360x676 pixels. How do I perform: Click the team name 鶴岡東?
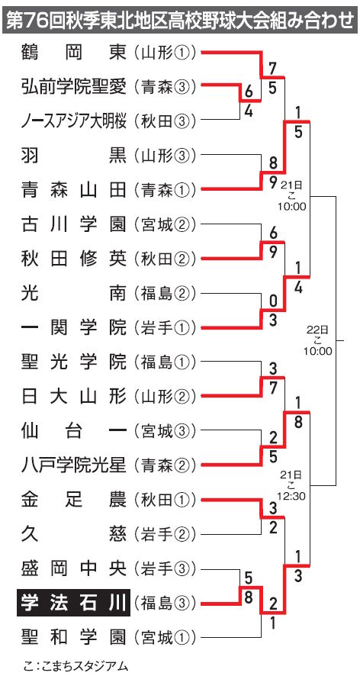point(74,53)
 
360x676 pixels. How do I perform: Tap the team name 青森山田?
point(74,189)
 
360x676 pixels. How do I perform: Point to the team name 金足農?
point(74,500)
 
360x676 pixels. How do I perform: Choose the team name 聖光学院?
point(74,362)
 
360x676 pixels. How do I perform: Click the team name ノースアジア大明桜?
point(74,121)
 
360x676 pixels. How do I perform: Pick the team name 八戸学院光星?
point(74,465)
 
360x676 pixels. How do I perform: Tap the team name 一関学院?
point(74,328)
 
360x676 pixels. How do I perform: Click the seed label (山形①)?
point(165,53)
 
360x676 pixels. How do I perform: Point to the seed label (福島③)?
point(165,602)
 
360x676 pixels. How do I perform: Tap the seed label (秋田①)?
point(165,500)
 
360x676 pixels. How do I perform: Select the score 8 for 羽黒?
point(273,164)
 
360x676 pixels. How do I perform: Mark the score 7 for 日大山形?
point(273,388)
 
